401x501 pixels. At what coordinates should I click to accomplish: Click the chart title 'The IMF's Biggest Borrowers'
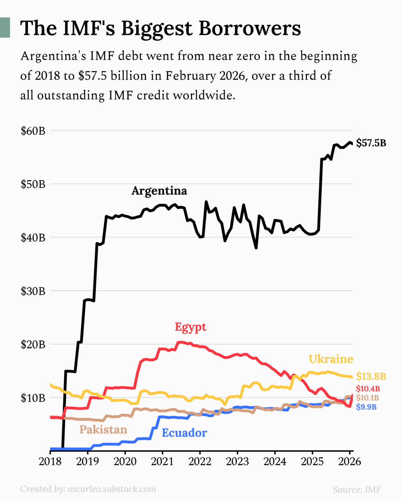tap(160, 28)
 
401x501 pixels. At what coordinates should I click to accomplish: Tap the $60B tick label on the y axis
tap(33, 131)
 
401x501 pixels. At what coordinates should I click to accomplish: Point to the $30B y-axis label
tap(33, 291)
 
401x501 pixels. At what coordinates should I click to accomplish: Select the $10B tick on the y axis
tap(33, 398)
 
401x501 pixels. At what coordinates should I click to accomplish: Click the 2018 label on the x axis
tap(50, 462)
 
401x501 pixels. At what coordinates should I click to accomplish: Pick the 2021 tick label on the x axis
tap(162, 462)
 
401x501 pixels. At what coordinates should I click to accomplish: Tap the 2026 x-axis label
tap(349, 462)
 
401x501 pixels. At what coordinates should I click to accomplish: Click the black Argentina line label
tap(159, 191)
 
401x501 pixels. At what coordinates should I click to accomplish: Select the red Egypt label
tap(191, 327)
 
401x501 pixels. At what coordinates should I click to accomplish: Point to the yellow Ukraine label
tap(331, 359)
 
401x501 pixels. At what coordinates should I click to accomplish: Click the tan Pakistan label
tap(103, 430)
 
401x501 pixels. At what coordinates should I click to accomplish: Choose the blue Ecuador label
tap(184, 433)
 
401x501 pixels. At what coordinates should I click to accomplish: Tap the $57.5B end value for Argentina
tap(371, 143)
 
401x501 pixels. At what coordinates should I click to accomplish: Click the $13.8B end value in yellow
tap(371, 376)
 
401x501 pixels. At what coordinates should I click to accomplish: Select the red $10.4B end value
tap(368, 389)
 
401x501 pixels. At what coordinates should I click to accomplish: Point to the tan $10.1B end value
tap(367, 398)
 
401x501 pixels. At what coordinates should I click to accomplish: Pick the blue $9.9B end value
tap(366, 407)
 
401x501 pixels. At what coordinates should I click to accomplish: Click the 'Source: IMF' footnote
tap(357, 490)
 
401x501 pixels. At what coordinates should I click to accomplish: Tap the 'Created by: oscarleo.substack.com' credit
tap(88, 489)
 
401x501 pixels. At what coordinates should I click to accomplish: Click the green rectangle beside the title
tap(5, 28)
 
